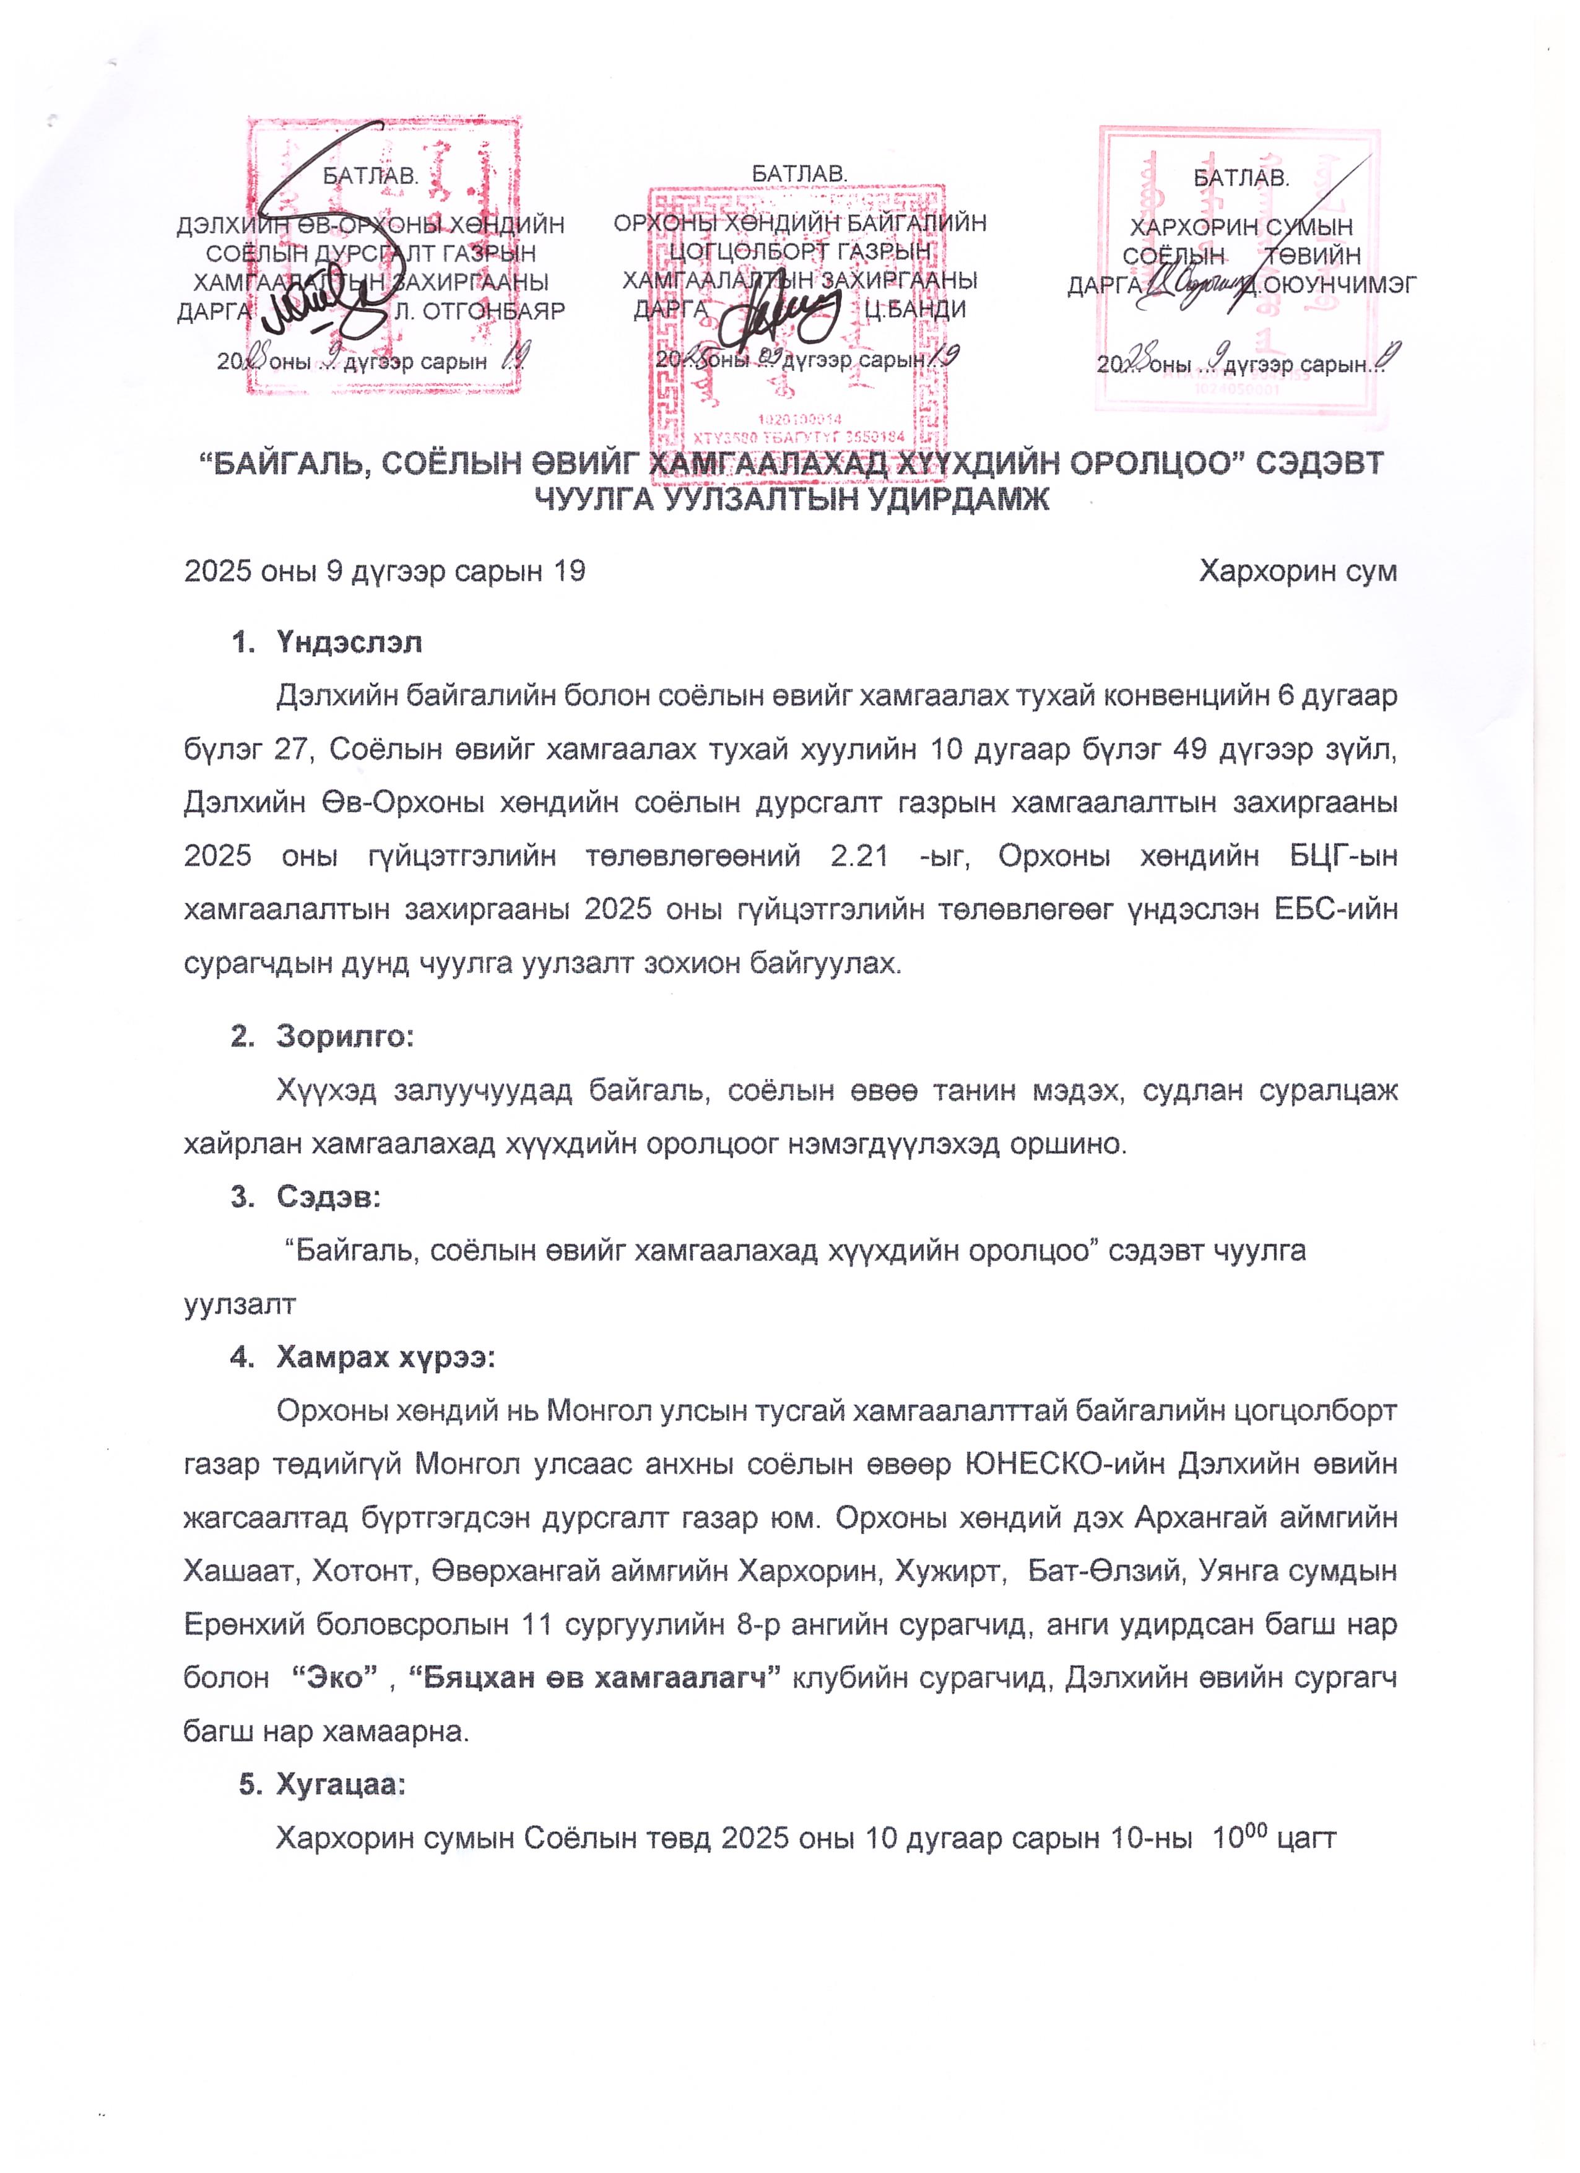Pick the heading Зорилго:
pos(345,1037)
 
